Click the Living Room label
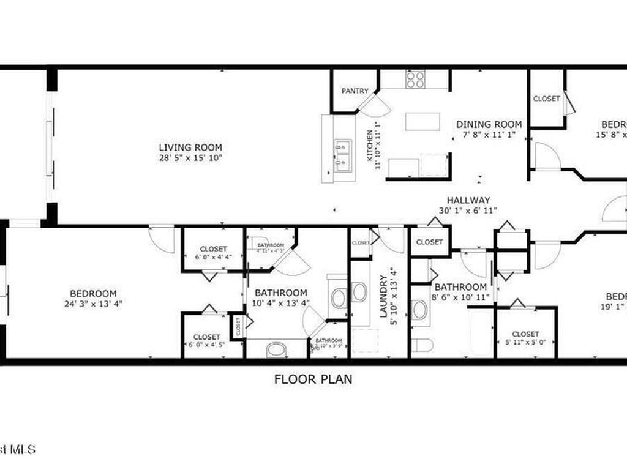190,147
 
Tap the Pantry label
355,91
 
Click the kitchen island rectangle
422,121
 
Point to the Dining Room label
489,124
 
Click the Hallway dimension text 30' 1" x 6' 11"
468,210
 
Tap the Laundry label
384,296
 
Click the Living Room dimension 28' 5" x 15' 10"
190,158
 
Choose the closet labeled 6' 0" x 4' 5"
207,341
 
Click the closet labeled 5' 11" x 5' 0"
525,338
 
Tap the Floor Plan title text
313,379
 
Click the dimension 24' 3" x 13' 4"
93,304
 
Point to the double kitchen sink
342,155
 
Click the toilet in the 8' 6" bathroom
422,345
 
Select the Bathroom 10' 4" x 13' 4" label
281,293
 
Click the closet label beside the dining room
546,99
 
